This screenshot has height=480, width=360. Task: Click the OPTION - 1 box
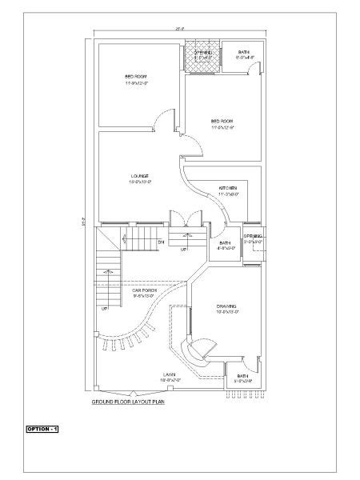click(x=42, y=430)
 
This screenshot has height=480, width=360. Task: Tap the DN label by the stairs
click(x=160, y=241)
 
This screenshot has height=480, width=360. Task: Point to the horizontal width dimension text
click(x=180, y=29)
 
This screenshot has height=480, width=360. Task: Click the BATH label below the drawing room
click(x=242, y=378)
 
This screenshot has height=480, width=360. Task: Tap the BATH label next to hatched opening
click(x=244, y=55)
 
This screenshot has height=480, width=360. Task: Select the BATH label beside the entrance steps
click(x=225, y=244)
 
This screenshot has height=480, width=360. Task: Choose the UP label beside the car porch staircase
click(x=105, y=308)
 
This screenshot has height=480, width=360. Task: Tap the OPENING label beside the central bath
click(x=254, y=238)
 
